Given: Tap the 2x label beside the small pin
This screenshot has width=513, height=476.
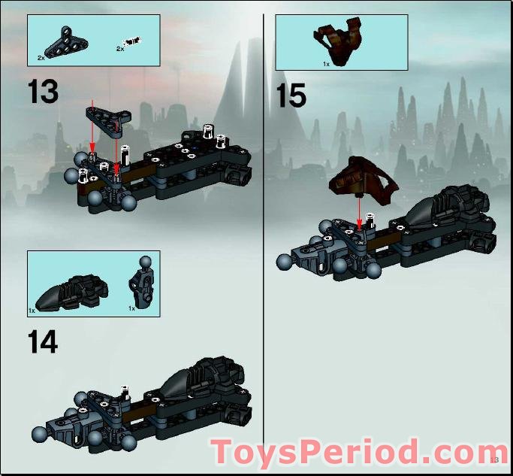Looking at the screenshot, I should point(119,49).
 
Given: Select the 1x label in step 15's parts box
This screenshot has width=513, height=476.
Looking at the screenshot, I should point(326,64).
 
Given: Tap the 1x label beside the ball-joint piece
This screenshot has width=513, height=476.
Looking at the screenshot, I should point(131,308).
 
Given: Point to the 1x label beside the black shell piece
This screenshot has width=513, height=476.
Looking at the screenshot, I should point(32,309).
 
